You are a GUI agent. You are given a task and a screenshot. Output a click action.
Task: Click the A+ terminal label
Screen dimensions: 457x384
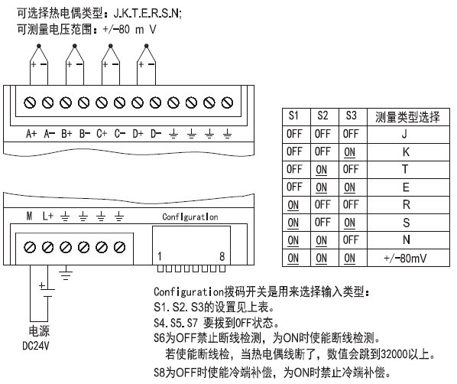(31, 134)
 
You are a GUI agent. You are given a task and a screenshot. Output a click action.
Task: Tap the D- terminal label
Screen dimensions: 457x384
(156, 134)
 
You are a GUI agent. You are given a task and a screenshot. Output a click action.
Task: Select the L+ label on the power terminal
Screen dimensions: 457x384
(48, 216)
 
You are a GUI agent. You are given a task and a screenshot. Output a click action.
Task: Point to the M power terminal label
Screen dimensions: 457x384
(29, 216)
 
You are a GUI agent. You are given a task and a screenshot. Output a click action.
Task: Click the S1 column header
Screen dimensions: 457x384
(293, 116)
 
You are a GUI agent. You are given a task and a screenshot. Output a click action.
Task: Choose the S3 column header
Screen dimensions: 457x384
(351, 116)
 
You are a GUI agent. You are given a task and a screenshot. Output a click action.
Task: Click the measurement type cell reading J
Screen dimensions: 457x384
(404, 134)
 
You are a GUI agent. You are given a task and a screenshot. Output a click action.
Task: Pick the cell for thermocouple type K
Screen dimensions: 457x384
(406, 151)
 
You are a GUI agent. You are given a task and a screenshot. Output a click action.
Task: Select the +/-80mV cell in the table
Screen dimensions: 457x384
(405, 259)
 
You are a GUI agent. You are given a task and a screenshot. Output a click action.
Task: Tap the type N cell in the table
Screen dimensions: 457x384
(406, 240)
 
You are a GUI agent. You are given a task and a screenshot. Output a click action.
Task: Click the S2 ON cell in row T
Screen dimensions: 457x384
(321, 170)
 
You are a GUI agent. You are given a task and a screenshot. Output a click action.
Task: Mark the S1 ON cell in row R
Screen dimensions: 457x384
(293, 205)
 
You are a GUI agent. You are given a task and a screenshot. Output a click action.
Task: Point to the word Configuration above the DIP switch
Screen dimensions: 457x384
(190, 216)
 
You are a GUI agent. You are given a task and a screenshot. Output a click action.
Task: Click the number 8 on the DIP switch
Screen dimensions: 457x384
(222, 256)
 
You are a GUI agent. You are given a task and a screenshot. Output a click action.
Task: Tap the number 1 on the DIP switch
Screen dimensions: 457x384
(160, 256)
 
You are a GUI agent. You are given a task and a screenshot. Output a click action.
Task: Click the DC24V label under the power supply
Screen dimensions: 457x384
(36, 346)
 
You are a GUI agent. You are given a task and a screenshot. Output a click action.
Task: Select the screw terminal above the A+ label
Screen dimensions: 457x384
(30, 103)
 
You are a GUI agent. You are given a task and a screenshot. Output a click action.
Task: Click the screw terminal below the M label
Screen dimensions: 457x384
(30, 247)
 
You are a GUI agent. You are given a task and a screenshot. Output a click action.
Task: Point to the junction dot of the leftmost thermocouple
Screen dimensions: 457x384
(39, 46)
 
